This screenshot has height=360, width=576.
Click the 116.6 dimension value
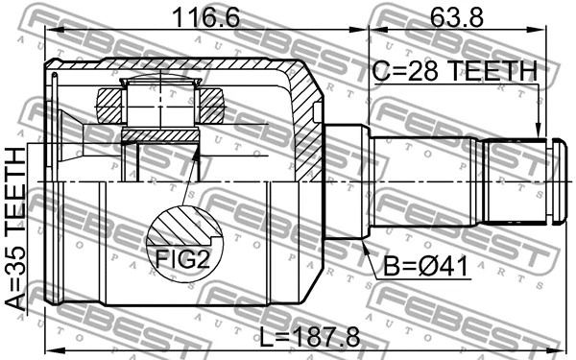[206, 17]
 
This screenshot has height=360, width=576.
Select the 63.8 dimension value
[457, 17]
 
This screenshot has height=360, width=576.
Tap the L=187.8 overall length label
[310, 338]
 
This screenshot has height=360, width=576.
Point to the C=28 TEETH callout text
[455, 71]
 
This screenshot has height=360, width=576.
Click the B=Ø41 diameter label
[426, 266]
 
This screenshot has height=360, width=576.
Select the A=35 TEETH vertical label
[16, 228]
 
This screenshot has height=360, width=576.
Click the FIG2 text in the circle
[182, 258]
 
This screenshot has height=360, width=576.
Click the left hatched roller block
[109, 107]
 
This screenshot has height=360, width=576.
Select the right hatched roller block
[211, 106]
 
